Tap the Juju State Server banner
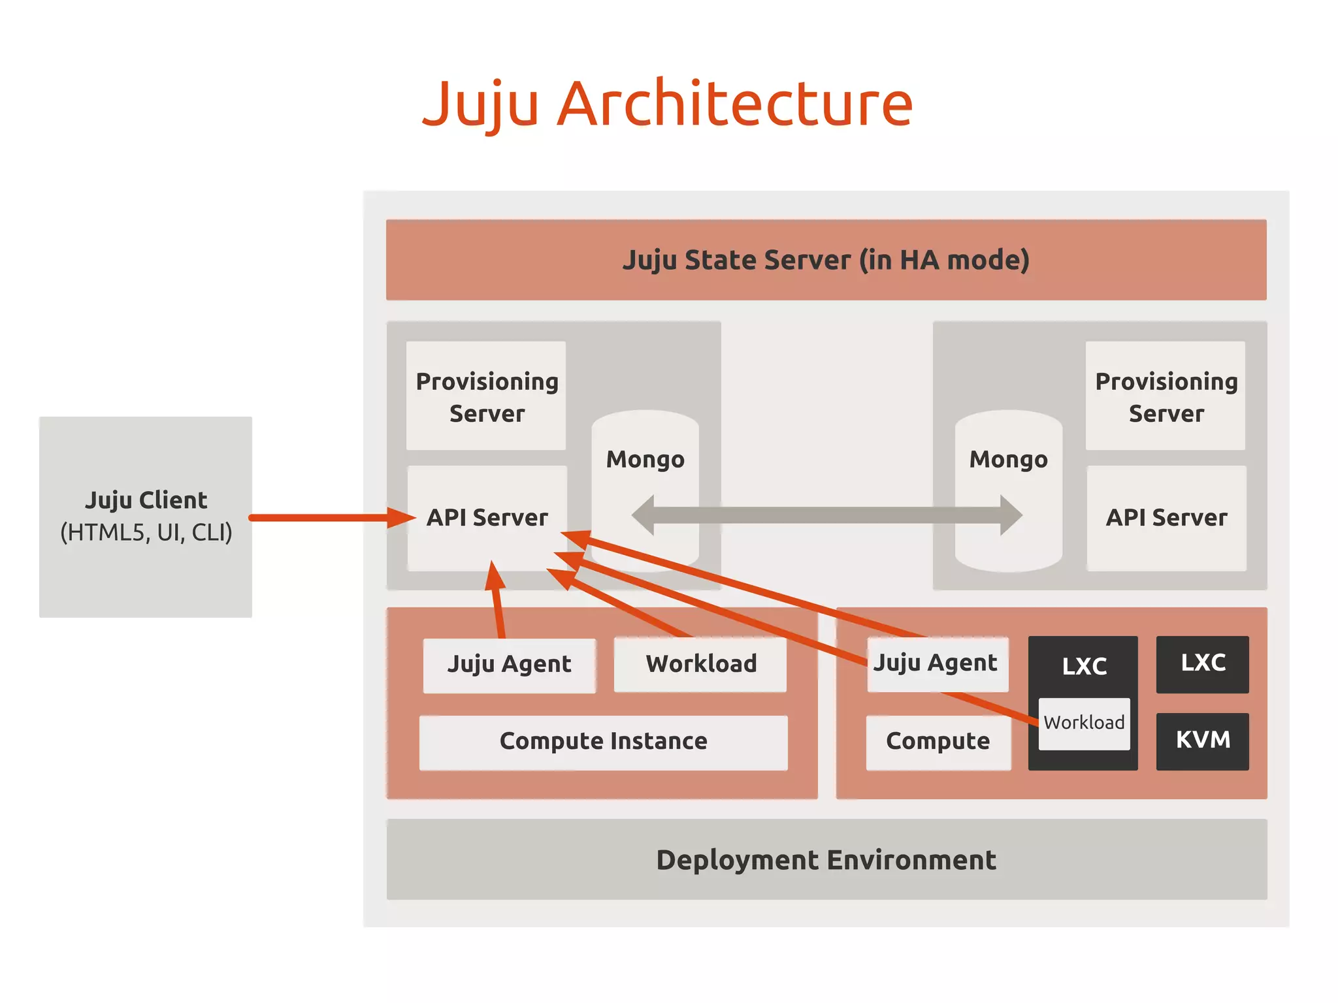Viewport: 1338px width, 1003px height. coord(826,260)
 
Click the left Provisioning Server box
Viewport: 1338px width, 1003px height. coord(486,396)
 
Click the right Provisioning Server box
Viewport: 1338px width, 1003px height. coord(1166,396)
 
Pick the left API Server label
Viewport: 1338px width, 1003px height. coord(487,517)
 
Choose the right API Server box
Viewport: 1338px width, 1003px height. coord(1166,518)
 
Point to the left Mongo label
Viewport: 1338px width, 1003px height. coord(645,459)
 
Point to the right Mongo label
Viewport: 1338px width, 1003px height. coord(1008,459)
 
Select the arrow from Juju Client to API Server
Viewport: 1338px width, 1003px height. coord(327,518)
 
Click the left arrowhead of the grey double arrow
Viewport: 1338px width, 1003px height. coord(644,515)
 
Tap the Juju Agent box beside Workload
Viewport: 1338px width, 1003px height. coord(509,665)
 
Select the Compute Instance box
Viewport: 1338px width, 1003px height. coord(603,742)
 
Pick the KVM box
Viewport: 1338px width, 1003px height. coord(1202,740)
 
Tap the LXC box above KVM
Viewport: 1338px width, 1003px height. coord(1202,663)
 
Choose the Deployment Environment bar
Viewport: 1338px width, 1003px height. coord(826,859)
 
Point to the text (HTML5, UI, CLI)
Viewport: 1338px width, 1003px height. coord(146,533)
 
